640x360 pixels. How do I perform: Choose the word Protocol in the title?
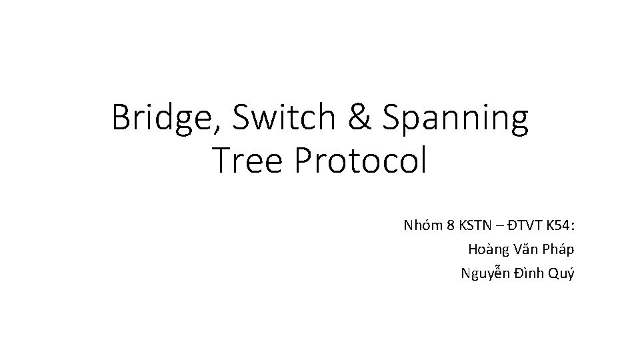pyautogui.click(x=361, y=161)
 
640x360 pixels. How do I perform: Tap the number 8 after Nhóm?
pyautogui.click(x=451, y=225)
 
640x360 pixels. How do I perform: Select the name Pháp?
pyautogui.click(x=557, y=250)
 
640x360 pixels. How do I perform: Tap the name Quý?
pyautogui.click(x=561, y=273)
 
